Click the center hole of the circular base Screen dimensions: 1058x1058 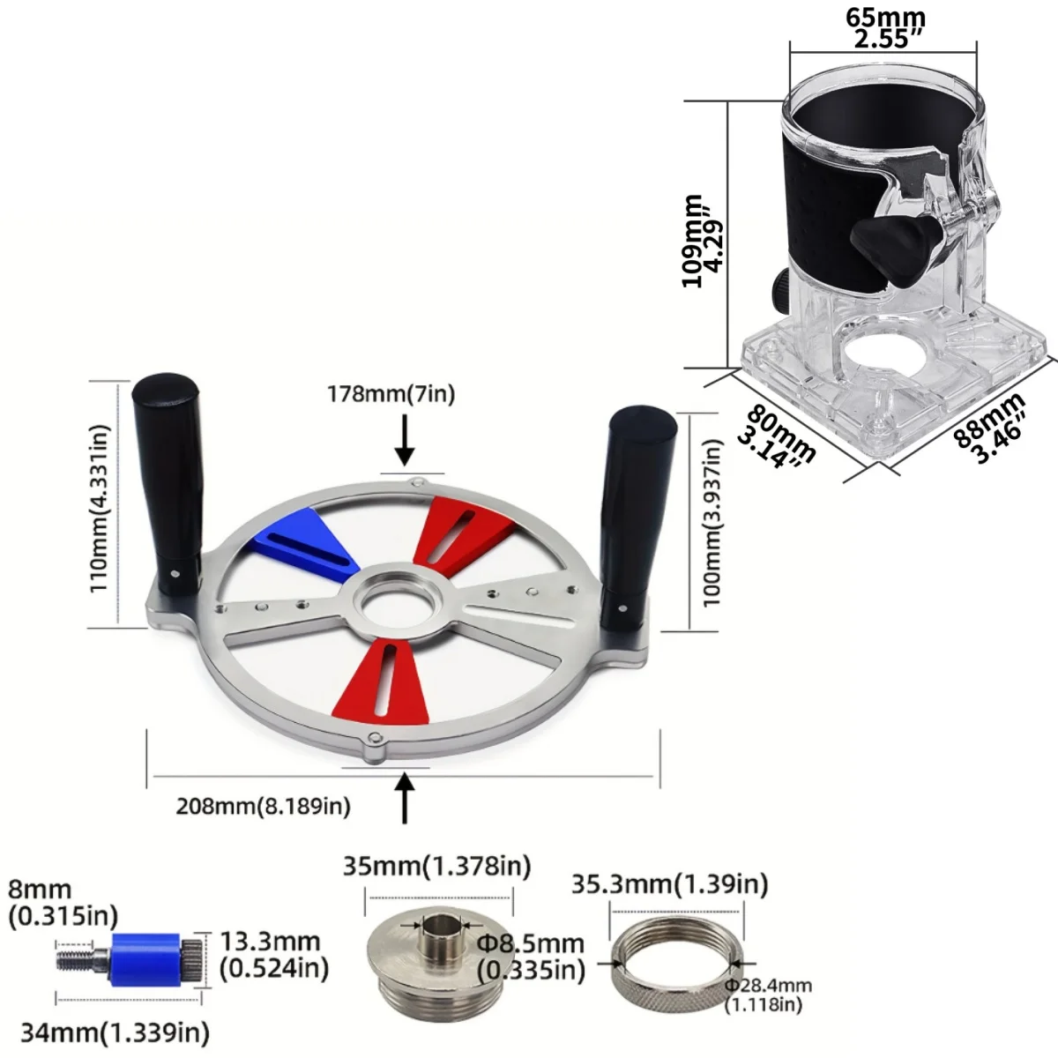click(x=399, y=603)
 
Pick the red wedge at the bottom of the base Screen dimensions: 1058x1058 click(x=383, y=681)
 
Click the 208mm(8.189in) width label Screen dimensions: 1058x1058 click(x=263, y=806)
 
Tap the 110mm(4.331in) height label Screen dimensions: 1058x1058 click(x=101, y=508)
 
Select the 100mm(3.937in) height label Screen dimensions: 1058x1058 click(x=711, y=523)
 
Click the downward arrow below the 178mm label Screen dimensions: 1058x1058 click(x=405, y=440)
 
